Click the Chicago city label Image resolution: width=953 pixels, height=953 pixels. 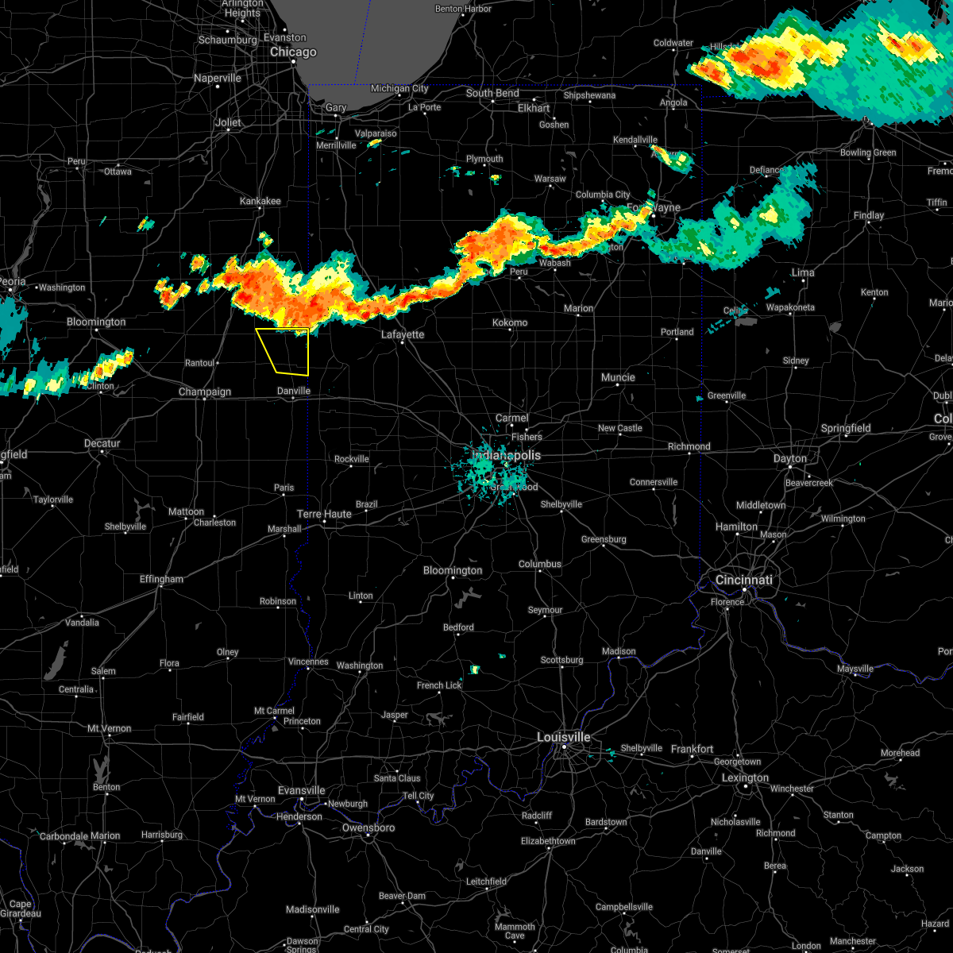293,52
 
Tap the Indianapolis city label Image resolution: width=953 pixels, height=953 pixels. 507,455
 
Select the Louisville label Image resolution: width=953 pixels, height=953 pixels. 564,737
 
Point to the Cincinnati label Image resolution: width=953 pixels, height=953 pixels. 744,580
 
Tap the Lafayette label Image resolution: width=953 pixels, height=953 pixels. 403,335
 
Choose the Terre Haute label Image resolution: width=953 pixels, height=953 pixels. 324,514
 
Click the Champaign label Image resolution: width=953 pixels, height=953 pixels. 205,392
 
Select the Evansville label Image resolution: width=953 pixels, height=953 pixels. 302,790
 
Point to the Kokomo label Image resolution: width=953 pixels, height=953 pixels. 510,322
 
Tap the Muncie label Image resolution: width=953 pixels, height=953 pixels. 618,377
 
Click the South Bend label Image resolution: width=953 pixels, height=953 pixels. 492,93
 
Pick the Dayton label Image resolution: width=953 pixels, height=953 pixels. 789,458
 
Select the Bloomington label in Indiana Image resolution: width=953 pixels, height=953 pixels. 453,570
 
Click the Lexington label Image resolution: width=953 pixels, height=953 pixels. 745,777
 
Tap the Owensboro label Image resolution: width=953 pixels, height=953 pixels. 368,828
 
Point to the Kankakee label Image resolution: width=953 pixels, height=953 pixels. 260,201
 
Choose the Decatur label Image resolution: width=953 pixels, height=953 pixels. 102,443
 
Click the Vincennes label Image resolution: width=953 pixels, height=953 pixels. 307,662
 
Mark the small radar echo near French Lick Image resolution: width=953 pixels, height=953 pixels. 474,669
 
